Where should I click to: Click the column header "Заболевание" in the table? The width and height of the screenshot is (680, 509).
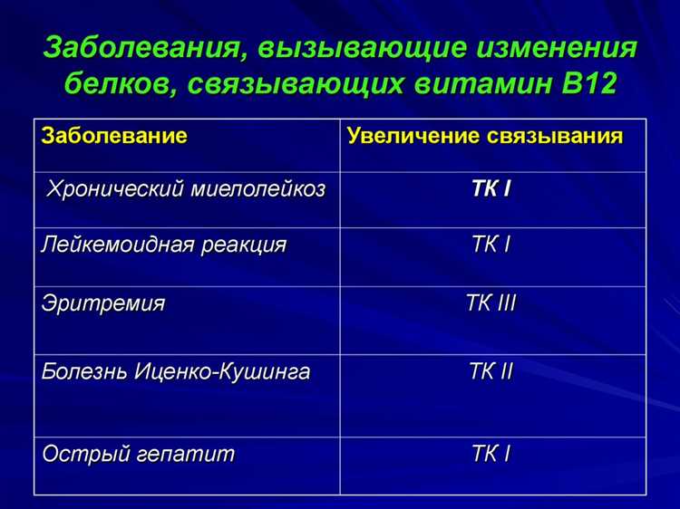coord(114,137)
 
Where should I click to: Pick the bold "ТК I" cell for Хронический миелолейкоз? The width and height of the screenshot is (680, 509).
coord(491,190)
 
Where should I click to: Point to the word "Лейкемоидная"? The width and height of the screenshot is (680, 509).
coord(119,245)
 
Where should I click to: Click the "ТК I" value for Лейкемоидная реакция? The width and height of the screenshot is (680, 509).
coord(491,245)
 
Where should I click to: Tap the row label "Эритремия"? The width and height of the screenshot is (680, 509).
coord(103,303)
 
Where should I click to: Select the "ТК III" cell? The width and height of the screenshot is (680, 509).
coord(491,303)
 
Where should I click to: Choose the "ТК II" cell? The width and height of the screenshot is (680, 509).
coord(491,371)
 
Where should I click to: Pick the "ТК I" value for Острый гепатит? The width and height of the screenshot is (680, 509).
coord(491,454)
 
